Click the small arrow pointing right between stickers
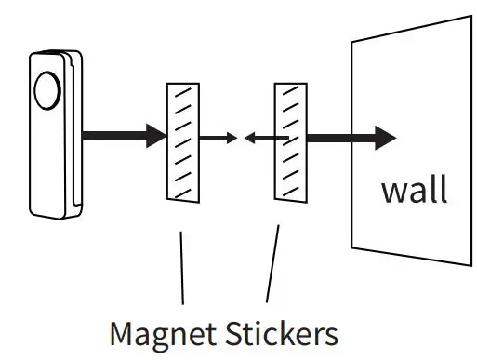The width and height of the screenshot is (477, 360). (218, 139)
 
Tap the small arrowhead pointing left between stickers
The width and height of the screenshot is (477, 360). (249, 139)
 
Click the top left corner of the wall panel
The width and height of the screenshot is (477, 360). (351, 42)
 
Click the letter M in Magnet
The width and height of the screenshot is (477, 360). (122, 331)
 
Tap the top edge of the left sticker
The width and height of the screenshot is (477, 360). (181, 84)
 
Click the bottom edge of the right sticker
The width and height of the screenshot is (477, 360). (290, 198)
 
